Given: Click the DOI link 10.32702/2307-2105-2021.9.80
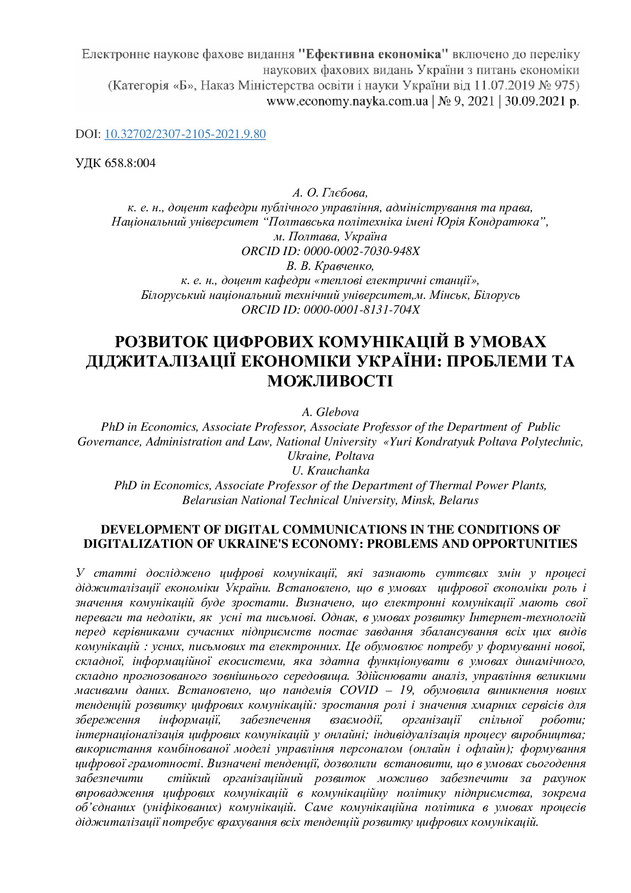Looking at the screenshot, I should point(185,134).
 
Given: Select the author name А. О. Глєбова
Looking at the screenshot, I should point(330,193).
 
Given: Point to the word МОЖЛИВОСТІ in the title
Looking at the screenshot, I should point(330,381).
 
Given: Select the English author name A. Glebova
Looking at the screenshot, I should point(330,412).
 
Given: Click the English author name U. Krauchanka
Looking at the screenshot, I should point(330,471).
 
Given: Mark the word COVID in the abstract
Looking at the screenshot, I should point(359,691).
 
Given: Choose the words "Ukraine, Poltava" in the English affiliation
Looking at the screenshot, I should point(330,456).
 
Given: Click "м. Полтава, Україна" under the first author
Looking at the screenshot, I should point(330,237).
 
